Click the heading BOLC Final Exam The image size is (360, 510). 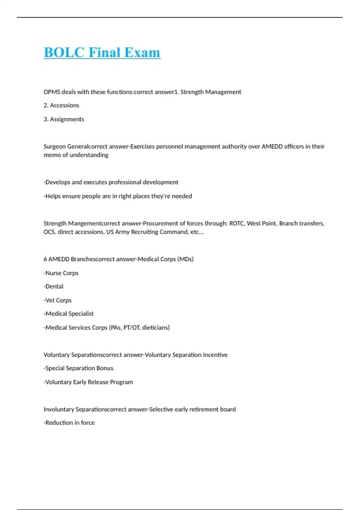(102, 52)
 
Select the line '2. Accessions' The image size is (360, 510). (61, 105)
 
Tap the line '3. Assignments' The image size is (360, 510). (64, 119)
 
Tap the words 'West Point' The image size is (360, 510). (262, 223)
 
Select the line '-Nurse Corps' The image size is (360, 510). (61, 273)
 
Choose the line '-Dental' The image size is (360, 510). (54, 286)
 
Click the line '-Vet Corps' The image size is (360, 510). (58, 300)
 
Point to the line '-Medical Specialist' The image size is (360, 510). (69, 314)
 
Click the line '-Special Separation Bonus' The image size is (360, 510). (79, 368)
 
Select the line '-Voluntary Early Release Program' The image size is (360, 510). (88, 382)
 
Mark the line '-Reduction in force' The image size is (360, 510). (69, 423)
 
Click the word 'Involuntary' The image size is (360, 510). (59, 409)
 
